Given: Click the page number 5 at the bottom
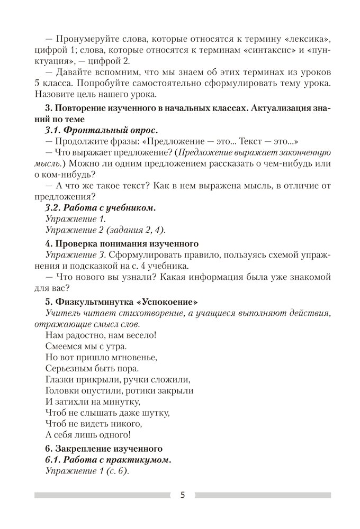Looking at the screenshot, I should coord(183,495).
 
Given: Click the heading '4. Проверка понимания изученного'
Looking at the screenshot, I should coord(122,244).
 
